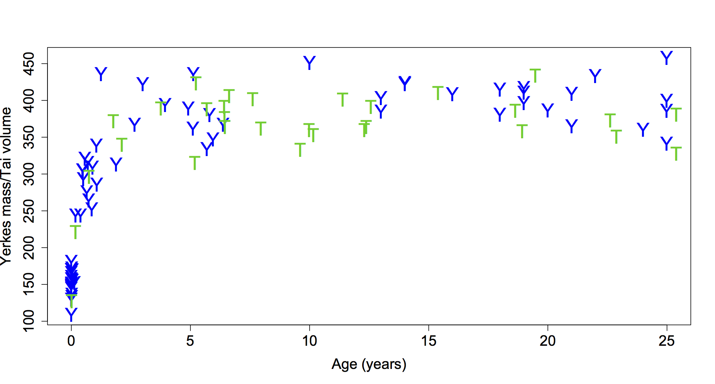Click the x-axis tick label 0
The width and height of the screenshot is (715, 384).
pyautogui.click(x=71, y=341)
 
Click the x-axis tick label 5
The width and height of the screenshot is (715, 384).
pyautogui.click(x=190, y=341)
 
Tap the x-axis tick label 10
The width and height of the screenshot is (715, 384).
pyautogui.click(x=309, y=341)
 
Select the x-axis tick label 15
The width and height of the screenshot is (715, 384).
pyautogui.click(x=429, y=341)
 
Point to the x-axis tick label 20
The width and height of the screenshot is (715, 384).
pyautogui.click(x=547, y=341)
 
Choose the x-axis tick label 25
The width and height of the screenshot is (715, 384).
pyautogui.click(x=667, y=341)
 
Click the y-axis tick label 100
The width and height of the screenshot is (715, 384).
pyautogui.click(x=29, y=321)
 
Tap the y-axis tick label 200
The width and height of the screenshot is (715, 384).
pyautogui.click(x=29, y=248)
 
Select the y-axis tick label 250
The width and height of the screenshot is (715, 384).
pyautogui.click(x=29, y=211)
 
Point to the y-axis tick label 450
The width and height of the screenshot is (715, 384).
pyautogui.click(x=29, y=64)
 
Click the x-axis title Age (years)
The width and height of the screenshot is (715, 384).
pyautogui.click(x=369, y=364)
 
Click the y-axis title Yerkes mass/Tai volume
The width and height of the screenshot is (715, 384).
pyautogui.click(x=6, y=186)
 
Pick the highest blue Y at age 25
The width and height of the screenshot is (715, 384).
pyautogui.click(x=667, y=58)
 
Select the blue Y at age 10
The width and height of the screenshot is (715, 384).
pyautogui.click(x=309, y=63)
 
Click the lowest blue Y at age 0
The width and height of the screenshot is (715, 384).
pyautogui.click(x=71, y=314)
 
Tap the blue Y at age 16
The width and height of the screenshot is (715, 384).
pyautogui.click(x=452, y=94)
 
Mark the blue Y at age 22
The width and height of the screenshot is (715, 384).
pyautogui.click(x=595, y=76)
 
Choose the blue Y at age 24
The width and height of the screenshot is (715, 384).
pyautogui.click(x=643, y=129)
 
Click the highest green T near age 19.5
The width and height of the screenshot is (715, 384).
pyautogui.click(x=535, y=76)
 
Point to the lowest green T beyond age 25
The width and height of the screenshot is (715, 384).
pyautogui.click(x=676, y=154)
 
